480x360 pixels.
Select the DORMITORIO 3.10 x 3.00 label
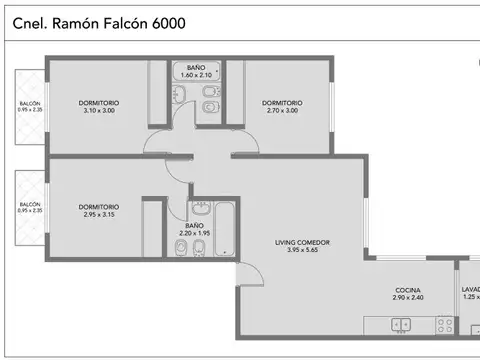(98, 106)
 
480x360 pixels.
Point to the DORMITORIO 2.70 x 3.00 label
(282, 106)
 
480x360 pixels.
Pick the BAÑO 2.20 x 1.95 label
(196, 231)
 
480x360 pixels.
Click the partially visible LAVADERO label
(470, 293)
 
